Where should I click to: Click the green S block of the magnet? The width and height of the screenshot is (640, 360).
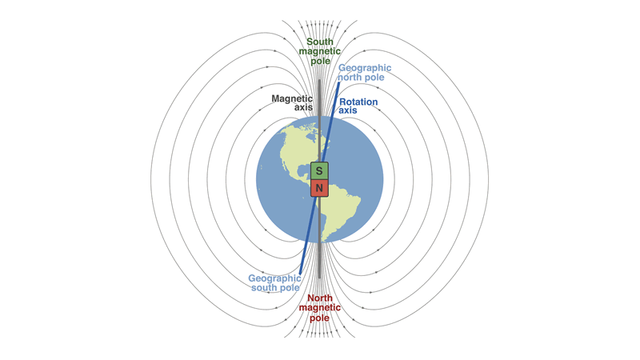tap(319, 170)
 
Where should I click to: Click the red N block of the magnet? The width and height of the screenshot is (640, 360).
tap(319, 188)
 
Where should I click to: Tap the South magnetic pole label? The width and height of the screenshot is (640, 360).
tap(319, 51)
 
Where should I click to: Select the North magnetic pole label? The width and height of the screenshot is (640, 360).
tap(319, 308)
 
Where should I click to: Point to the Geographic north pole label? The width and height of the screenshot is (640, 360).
tap(365, 72)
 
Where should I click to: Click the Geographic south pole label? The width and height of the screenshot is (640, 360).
tap(274, 283)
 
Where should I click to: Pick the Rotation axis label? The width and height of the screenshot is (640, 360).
tap(358, 106)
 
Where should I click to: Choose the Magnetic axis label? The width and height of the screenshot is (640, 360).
tap(292, 103)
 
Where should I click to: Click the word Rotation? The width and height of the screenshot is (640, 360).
tap(358, 102)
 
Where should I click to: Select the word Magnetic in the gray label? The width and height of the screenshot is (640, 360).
tap(292, 98)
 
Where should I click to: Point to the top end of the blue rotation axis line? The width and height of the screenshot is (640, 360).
tap(338, 83)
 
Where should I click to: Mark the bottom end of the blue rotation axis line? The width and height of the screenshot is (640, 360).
tap(301, 273)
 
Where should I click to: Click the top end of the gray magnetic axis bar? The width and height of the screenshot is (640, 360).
tap(319, 81)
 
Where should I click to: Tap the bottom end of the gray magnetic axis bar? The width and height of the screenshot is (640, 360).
tap(319, 277)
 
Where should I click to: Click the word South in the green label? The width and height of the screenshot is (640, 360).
tap(320, 42)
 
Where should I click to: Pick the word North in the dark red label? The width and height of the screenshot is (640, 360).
tap(320, 298)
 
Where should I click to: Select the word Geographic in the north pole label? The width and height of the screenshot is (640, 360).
tap(365, 68)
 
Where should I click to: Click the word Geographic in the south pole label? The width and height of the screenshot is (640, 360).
tap(274, 278)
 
